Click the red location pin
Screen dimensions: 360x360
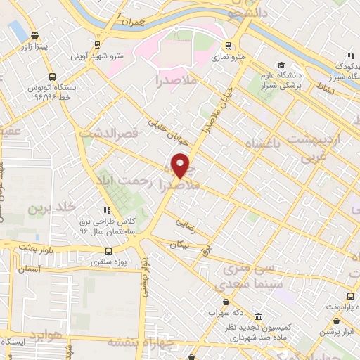point(181,165)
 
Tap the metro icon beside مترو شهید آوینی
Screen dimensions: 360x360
point(75,55)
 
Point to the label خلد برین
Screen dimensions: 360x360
point(51,209)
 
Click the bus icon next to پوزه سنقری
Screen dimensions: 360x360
point(108,251)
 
